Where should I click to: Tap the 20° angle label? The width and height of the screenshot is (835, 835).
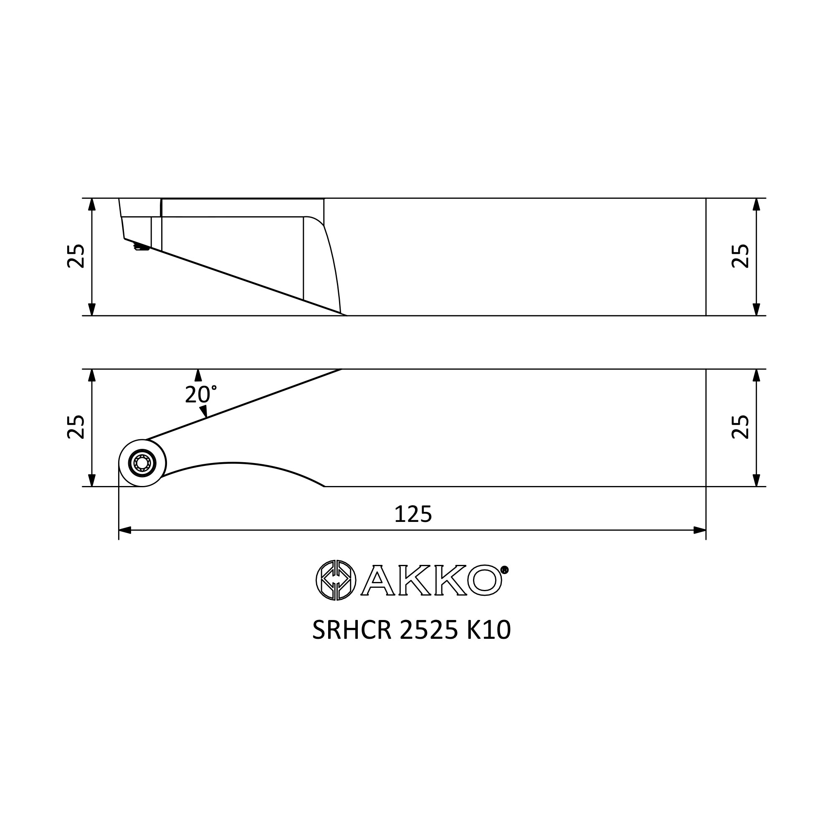pos(200,394)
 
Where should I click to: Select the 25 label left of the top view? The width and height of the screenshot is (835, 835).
pos(76,256)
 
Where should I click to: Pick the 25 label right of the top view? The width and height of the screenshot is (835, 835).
pos(740,256)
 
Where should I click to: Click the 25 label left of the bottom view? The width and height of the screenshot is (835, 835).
pos(76,427)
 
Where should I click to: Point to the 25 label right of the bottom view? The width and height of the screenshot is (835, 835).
pos(740,427)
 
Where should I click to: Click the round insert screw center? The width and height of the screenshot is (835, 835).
pos(142,463)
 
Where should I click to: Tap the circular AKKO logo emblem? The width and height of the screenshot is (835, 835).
pos(336,580)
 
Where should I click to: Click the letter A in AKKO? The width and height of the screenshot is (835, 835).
pos(378,580)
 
